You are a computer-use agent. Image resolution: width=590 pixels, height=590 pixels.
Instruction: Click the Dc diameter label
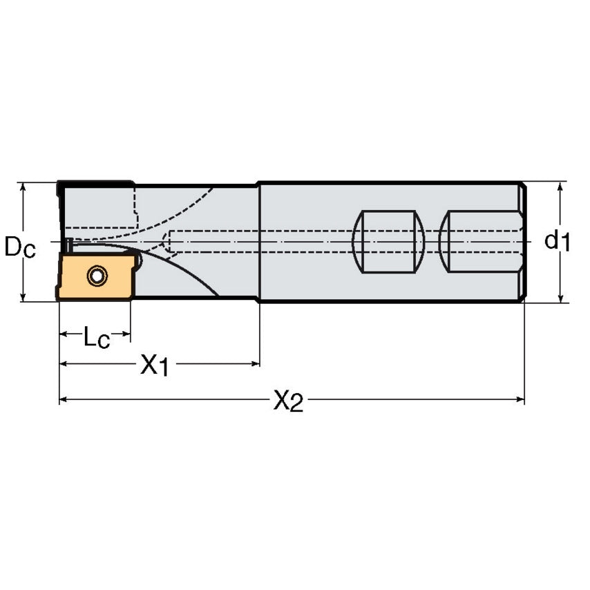[x=19, y=246]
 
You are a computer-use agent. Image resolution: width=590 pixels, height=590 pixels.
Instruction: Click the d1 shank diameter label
[x=557, y=241]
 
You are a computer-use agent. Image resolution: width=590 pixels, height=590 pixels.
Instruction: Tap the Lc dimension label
[x=95, y=337]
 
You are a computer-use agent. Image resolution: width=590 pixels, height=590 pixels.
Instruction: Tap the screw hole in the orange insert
[x=97, y=276]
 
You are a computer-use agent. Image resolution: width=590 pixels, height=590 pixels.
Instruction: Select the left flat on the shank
[x=388, y=242]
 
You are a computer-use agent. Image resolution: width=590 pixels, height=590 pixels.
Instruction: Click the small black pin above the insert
[x=68, y=245]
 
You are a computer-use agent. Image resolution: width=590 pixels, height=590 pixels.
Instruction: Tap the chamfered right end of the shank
[x=523, y=242]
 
